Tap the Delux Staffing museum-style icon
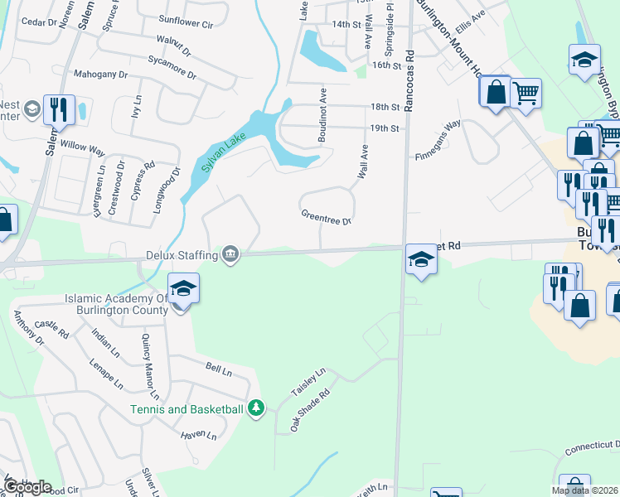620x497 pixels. [x=231, y=256]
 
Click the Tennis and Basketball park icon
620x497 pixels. [x=256, y=408]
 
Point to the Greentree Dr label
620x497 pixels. [x=326, y=216]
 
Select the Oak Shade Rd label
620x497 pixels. [x=309, y=411]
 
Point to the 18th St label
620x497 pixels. [x=385, y=107]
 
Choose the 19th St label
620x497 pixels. [x=385, y=128]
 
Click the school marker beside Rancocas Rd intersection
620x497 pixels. [x=421, y=260]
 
